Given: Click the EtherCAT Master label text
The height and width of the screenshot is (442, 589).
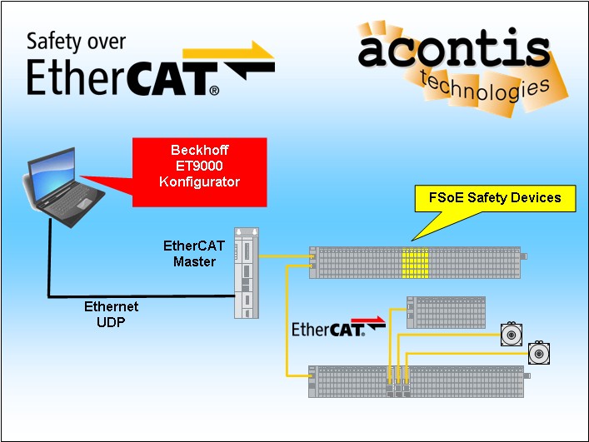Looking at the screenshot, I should (x=194, y=254).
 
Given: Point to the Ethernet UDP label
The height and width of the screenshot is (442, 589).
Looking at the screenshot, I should (x=111, y=314).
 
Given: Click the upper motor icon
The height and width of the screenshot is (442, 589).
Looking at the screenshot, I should (x=510, y=333).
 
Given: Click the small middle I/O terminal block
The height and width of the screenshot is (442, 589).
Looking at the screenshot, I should (x=445, y=311).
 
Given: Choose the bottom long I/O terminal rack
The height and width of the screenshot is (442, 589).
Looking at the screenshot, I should (x=417, y=380).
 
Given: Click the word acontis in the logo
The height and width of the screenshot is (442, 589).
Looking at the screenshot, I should (x=454, y=50).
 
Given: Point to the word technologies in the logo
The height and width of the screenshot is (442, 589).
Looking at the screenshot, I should (x=485, y=88).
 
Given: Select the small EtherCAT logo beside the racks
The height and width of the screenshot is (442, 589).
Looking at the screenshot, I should (x=328, y=329).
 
